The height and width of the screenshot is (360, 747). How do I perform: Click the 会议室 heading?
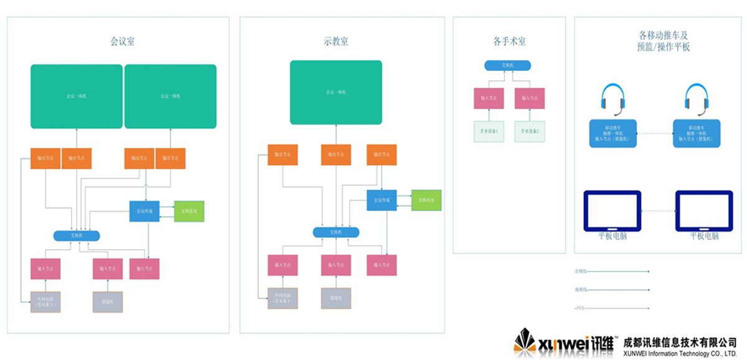(x=123, y=42)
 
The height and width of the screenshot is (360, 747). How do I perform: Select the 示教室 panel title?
(x=336, y=42)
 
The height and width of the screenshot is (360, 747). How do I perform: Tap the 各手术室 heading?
(x=509, y=42)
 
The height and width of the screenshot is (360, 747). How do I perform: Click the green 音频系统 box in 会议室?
(x=189, y=211)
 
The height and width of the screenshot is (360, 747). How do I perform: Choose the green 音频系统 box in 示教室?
(x=426, y=200)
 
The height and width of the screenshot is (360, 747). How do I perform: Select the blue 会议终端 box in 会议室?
(x=145, y=211)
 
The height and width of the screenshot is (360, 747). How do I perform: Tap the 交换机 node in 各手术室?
(x=508, y=65)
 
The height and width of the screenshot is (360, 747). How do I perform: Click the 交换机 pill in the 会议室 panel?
(x=77, y=235)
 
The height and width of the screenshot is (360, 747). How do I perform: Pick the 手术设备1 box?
(x=489, y=131)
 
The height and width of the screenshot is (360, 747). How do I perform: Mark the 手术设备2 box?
(x=530, y=131)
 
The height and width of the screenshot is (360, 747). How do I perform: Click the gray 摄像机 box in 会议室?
(x=108, y=301)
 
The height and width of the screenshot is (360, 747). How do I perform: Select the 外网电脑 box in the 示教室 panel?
(x=283, y=298)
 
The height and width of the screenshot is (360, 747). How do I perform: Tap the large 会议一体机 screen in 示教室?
(x=336, y=92)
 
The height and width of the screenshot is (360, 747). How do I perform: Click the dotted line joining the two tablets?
(x=659, y=211)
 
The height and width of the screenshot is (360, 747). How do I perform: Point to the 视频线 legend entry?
(x=581, y=290)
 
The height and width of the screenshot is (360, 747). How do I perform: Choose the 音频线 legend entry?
(x=581, y=271)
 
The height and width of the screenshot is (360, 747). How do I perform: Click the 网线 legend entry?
(x=581, y=308)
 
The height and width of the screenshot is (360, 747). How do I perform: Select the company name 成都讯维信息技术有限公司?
(x=680, y=341)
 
